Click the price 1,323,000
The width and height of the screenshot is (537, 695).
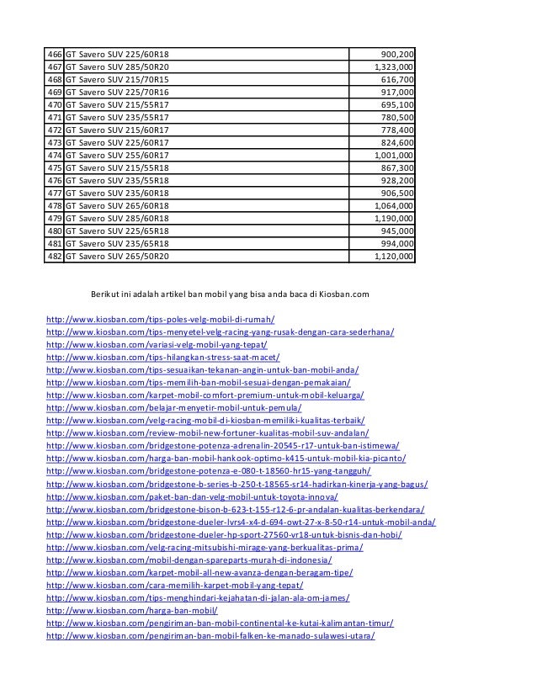coord(393,66)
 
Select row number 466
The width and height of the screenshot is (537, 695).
coord(55,53)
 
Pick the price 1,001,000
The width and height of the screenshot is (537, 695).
coord(393,155)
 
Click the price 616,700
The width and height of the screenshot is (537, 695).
coord(398,78)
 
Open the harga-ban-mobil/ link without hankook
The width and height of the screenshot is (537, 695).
coord(132,610)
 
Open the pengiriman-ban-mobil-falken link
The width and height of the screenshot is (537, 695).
coord(210,635)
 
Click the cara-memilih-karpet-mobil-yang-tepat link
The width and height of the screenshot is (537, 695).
coord(175,585)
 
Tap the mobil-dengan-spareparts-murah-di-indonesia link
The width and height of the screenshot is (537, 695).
coord(189,560)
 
